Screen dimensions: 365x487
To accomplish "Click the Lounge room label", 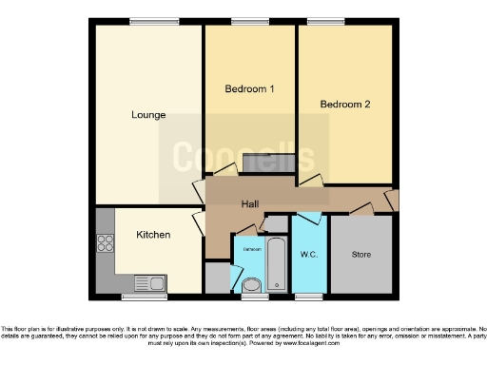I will [x=148, y=115].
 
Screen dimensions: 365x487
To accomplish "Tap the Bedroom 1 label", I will [x=249, y=89].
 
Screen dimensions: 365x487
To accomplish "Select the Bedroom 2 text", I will [x=344, y=105].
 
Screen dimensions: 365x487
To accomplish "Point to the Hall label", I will [x=250, y=203].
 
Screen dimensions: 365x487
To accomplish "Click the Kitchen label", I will [x=152, y=234].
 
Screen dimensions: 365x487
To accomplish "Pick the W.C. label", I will [x=309, y=254].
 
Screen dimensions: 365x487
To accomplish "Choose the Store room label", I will [x=361, y=254].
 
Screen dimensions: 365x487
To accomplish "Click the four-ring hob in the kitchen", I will [x=105, y=243].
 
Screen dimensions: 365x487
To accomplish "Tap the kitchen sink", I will [x=149, y=282].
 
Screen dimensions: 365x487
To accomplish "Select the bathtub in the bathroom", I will [x=277, y=264].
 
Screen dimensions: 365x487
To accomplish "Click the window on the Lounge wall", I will [x=147, y=21].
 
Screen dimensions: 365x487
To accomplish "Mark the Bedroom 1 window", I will [x=250, y=21].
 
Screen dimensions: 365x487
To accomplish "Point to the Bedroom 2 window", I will [x=325, y=21].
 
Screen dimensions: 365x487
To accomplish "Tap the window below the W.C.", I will [x=308, y=297].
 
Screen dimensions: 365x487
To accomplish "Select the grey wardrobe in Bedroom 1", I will [x=259, y=163].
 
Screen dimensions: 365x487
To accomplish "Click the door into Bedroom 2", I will [x=311, y=181].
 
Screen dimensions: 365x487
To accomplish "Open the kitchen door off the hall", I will [x=198, y=224].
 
